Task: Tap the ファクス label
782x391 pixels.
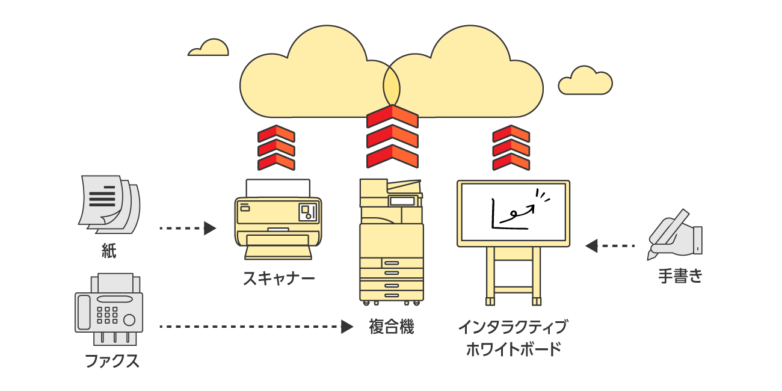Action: pyautogui.click(x=112, y=361)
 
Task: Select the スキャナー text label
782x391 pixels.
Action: pyautogui.click(x=279, y=279)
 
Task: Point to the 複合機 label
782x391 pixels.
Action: pyautogui.click(x=392, y=327)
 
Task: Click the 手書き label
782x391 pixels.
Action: pyautogui.click(x=680, y=277)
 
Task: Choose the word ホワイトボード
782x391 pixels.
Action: pyautogui.click(x=513, y=349)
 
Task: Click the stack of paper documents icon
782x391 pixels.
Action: pyautogui.click(x=109, y=205)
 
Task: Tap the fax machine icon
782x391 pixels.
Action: pyautogui.click(x=108, y=310)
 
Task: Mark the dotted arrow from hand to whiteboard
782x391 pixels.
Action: pyautogui.click(x=611, y=245)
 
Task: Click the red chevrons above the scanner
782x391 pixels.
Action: pyautogui.click(x=276, y=148)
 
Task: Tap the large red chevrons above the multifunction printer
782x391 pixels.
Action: pyautogui.click(x=392, y=137)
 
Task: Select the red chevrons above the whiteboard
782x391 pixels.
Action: pyautogui.click(x=511, y=148)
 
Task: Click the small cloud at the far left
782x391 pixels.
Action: pyautogui.click(x=209, y=49)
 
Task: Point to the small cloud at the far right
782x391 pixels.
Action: pyautogui.click(x=585, y=82)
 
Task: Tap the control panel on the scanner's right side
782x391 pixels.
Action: pyautogui.click(x=309, y=211)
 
